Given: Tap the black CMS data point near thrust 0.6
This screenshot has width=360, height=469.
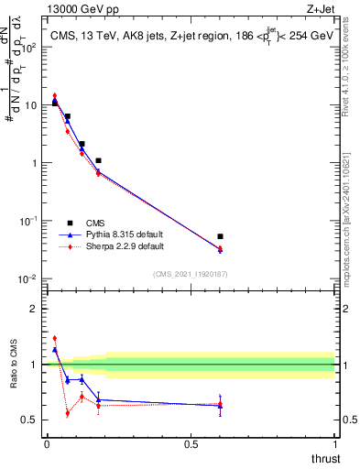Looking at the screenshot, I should click(220, 236).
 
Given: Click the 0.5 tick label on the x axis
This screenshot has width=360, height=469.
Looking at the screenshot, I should click(191, 444).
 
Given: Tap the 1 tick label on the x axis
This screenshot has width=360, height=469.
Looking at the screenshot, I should click(335, 444).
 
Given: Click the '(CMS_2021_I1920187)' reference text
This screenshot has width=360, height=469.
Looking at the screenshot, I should click(190, 273).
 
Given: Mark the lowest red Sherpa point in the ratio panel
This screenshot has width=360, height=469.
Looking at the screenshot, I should click(68, 413).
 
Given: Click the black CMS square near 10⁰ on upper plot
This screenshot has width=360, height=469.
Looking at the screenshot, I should click(98, 160).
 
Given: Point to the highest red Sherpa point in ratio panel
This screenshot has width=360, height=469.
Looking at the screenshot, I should click(55, 338).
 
